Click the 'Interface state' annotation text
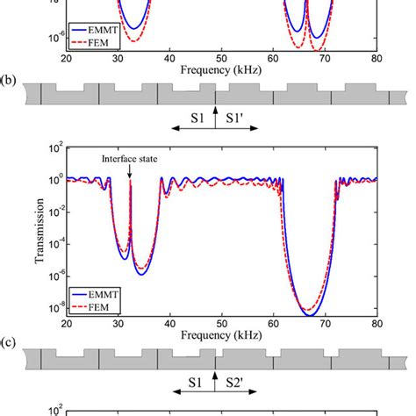pos(129,159)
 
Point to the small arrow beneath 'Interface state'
pos(130,172)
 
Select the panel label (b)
pos(9,81)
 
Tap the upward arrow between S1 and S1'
pos(215,118)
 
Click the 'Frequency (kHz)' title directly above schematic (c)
pos(220,334)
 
